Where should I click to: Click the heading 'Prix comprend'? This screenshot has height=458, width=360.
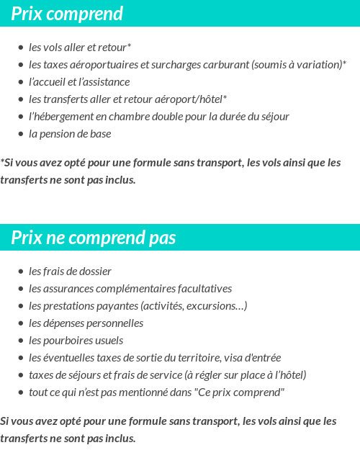[x=67, y=14]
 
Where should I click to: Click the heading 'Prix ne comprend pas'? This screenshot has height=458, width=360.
[x=93, y=238]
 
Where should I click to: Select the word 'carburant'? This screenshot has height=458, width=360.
[x=225, y=65]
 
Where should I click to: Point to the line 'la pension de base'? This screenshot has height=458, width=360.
[x=70, y=134]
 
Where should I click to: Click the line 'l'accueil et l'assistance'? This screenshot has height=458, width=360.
[x=79, y=82]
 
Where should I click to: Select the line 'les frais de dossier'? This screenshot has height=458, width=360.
[x=70, y=271]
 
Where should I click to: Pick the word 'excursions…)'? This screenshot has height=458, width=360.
[x=219, y=306]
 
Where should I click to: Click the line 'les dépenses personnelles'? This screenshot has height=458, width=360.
[x=86, y=323]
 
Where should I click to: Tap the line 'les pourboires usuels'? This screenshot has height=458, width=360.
[x=76, y=341]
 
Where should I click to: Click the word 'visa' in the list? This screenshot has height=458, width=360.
[x=234, y=358]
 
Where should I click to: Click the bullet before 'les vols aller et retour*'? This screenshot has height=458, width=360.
[x=20, y=48]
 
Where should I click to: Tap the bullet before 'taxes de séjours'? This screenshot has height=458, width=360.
[x=20, y=375]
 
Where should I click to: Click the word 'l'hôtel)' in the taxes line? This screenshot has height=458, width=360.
[x=289, y=375]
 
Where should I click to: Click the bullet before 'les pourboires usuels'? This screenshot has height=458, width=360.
[x=20, y=341]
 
